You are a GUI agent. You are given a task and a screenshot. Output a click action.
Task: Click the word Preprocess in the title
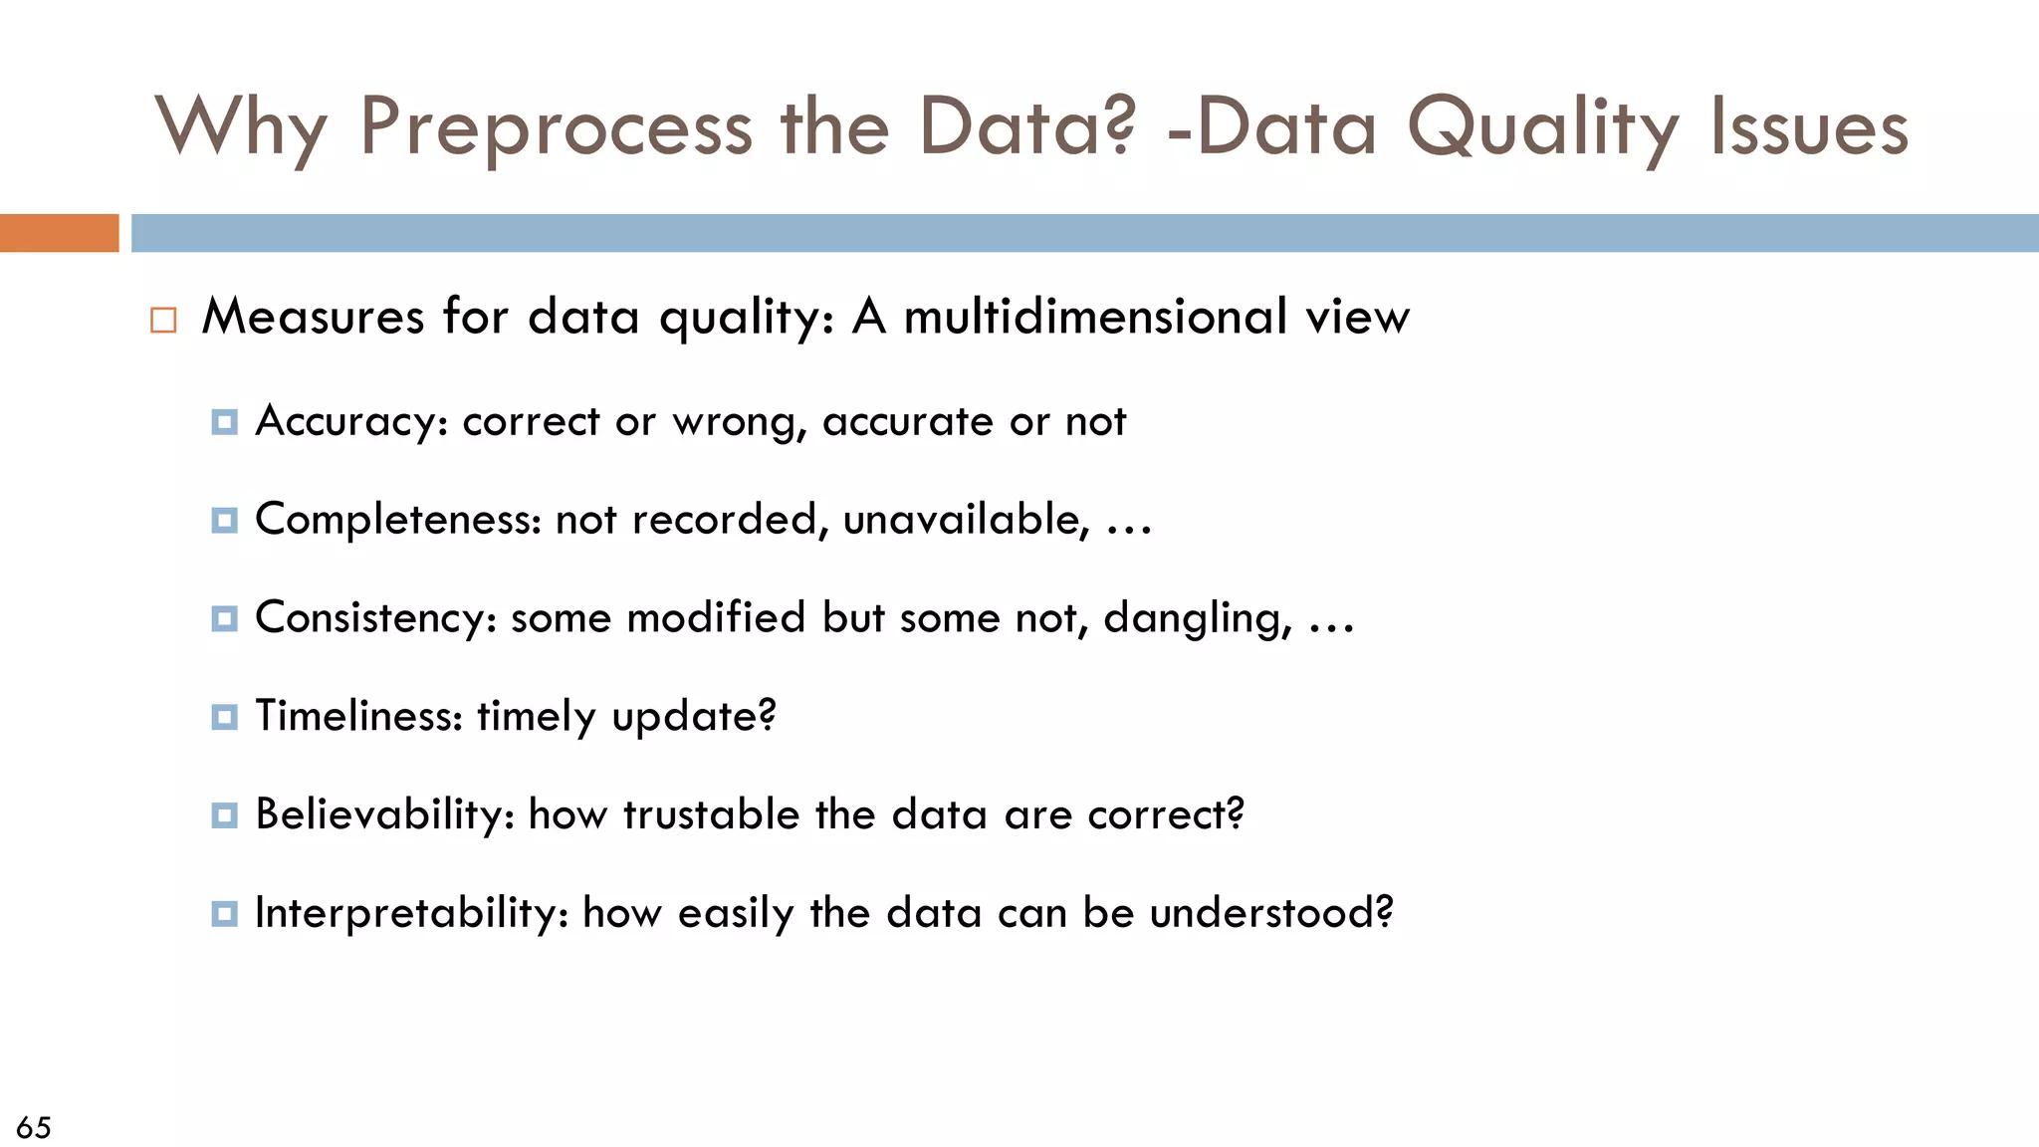pyautogui.click(x=555, y=129)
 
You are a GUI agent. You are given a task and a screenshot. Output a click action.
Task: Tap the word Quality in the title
pyautogui.click(x=1542, y=129)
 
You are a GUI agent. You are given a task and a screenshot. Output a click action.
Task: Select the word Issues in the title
pyautogui.click(x=1809, y=129)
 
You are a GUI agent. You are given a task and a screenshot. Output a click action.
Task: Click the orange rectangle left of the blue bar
pyautogui.click(x=59, y=233)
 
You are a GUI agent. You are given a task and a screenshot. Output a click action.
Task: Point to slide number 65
pyautogui.click(x=34, y=1127)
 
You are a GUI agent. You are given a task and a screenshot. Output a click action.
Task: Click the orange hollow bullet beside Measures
pyautogui.click(x=163, y=321)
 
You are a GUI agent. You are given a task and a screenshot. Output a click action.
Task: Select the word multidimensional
pyautogui.click(x=1095, y=317)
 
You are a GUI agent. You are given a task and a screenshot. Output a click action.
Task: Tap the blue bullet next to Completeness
pyautogui.click(x=225, y=521)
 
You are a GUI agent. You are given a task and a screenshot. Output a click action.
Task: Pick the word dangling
pyautogui.click(x=1197, y=618)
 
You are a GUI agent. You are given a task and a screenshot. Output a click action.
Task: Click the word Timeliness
pyautogui.click(x=358, y=716)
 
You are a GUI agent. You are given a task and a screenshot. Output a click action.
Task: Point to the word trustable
pyautogui.click(x=712, y=814)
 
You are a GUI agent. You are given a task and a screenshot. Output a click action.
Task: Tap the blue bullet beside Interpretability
pyautogui.click(x=225, y=914)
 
